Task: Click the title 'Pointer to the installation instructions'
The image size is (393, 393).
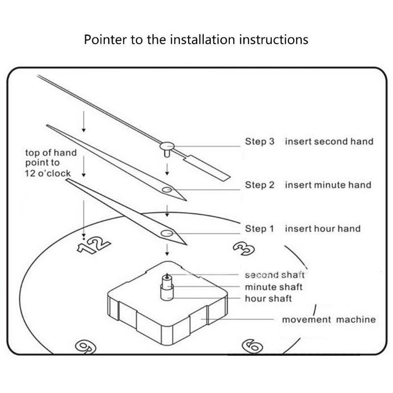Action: point(196,39)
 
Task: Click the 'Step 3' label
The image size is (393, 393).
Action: point(260,142)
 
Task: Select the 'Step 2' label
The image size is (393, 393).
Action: point(260,185)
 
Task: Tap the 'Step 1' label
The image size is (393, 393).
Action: point(260,228)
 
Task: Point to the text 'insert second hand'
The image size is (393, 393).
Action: point(329,142)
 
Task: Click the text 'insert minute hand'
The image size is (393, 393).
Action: point(328,185)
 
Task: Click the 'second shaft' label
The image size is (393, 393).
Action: point(275,275)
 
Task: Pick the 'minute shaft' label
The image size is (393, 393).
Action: point(274,287)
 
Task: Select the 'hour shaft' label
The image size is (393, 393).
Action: point(268,299)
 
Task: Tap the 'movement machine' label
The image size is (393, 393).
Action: point(329,320)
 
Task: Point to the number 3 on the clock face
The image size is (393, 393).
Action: point(242,249)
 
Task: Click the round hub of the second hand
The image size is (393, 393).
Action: point(168,145)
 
